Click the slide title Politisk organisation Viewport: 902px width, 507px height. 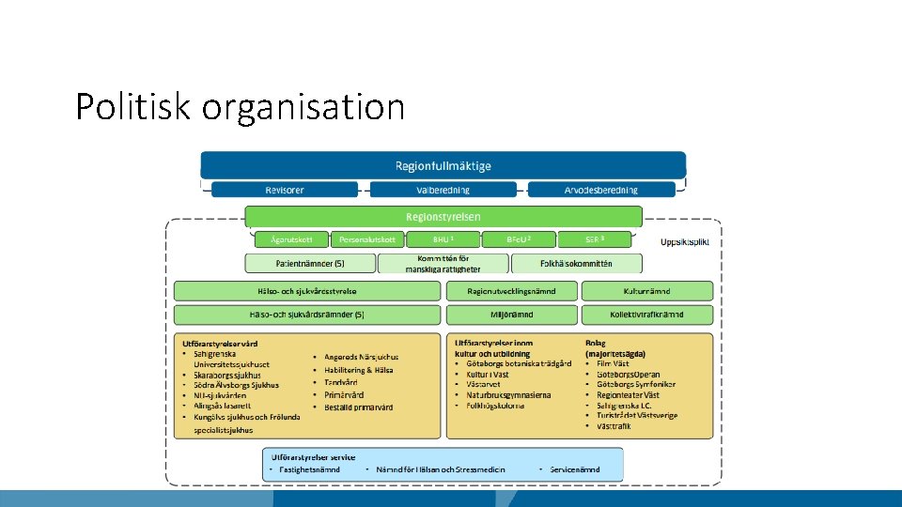click(240, 107)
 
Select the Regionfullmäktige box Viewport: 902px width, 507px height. click(443, 166)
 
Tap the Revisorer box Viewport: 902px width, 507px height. click(285, 190)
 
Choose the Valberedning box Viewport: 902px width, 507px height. click(443, 190)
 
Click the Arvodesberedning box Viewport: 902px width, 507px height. click(601, 190)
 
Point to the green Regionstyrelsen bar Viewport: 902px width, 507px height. click(443, 217)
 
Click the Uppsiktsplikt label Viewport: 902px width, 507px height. click(685, 241)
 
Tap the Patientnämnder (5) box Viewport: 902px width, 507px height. click(310, 264)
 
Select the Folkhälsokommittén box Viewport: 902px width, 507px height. click(576, 264)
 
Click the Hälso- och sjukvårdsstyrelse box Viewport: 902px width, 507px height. click(307, 291)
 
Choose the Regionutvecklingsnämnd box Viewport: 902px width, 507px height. click(511, 291)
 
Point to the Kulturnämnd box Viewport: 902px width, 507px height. click(647, 291)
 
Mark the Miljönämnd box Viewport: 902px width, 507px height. click(511, 315)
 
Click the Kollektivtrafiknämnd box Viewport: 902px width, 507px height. click(647, 315)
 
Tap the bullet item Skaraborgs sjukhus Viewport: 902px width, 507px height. click(229, 375)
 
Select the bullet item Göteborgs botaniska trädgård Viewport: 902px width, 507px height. click(519, 363)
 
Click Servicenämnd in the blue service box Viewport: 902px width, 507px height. click(575, 469)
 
